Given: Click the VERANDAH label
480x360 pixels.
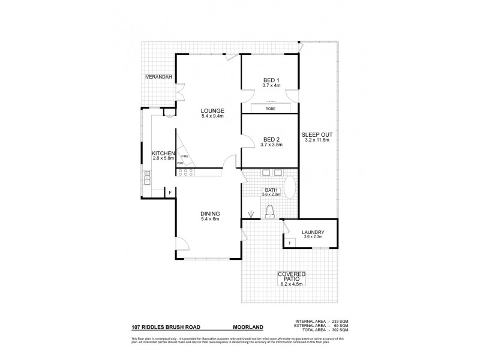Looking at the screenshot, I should pos(158,77).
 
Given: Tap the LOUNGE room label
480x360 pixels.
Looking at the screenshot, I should pos(212,110).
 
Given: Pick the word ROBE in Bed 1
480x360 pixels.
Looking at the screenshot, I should pos(271,109).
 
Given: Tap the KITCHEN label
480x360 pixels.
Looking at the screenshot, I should pos(163,154).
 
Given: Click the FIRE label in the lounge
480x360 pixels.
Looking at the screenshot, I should pos(184,156).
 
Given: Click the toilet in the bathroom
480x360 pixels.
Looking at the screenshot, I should pos(270,211).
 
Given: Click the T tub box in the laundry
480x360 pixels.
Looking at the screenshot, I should pos(290,243).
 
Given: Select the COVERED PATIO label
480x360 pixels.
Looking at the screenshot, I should pos(292,278).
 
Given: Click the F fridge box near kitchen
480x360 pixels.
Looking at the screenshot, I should pos(170,192).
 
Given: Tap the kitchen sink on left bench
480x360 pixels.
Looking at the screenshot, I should pos(146,176).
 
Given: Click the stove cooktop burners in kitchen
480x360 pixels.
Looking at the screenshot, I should pos(185,172).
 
